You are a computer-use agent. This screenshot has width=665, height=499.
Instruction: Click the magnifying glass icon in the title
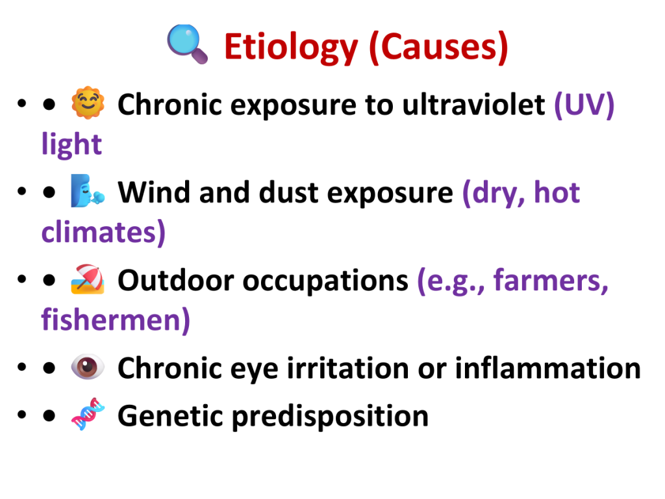187,44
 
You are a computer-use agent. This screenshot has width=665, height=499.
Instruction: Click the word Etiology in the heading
291,48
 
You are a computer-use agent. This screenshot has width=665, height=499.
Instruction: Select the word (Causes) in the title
438,47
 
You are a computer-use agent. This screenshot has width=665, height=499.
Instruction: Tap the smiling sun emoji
88,103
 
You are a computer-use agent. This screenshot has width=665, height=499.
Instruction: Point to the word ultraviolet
473,105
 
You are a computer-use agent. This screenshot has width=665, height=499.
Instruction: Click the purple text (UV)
584,105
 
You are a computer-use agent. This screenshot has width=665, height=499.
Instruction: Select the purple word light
71,144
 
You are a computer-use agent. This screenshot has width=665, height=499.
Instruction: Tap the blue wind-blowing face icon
88,191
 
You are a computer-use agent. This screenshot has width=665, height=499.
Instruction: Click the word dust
288,192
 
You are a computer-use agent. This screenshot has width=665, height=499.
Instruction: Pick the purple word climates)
103,232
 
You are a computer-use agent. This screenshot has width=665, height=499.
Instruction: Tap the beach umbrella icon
88,279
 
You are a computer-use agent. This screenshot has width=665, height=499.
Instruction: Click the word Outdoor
175,281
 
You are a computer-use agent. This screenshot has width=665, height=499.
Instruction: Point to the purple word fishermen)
116,320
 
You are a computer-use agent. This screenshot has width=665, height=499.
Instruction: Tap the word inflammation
548,368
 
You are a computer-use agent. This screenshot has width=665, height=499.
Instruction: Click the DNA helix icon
88,414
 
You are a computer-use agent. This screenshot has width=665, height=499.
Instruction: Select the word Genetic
170,416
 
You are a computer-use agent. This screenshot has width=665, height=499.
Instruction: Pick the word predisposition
331,416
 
